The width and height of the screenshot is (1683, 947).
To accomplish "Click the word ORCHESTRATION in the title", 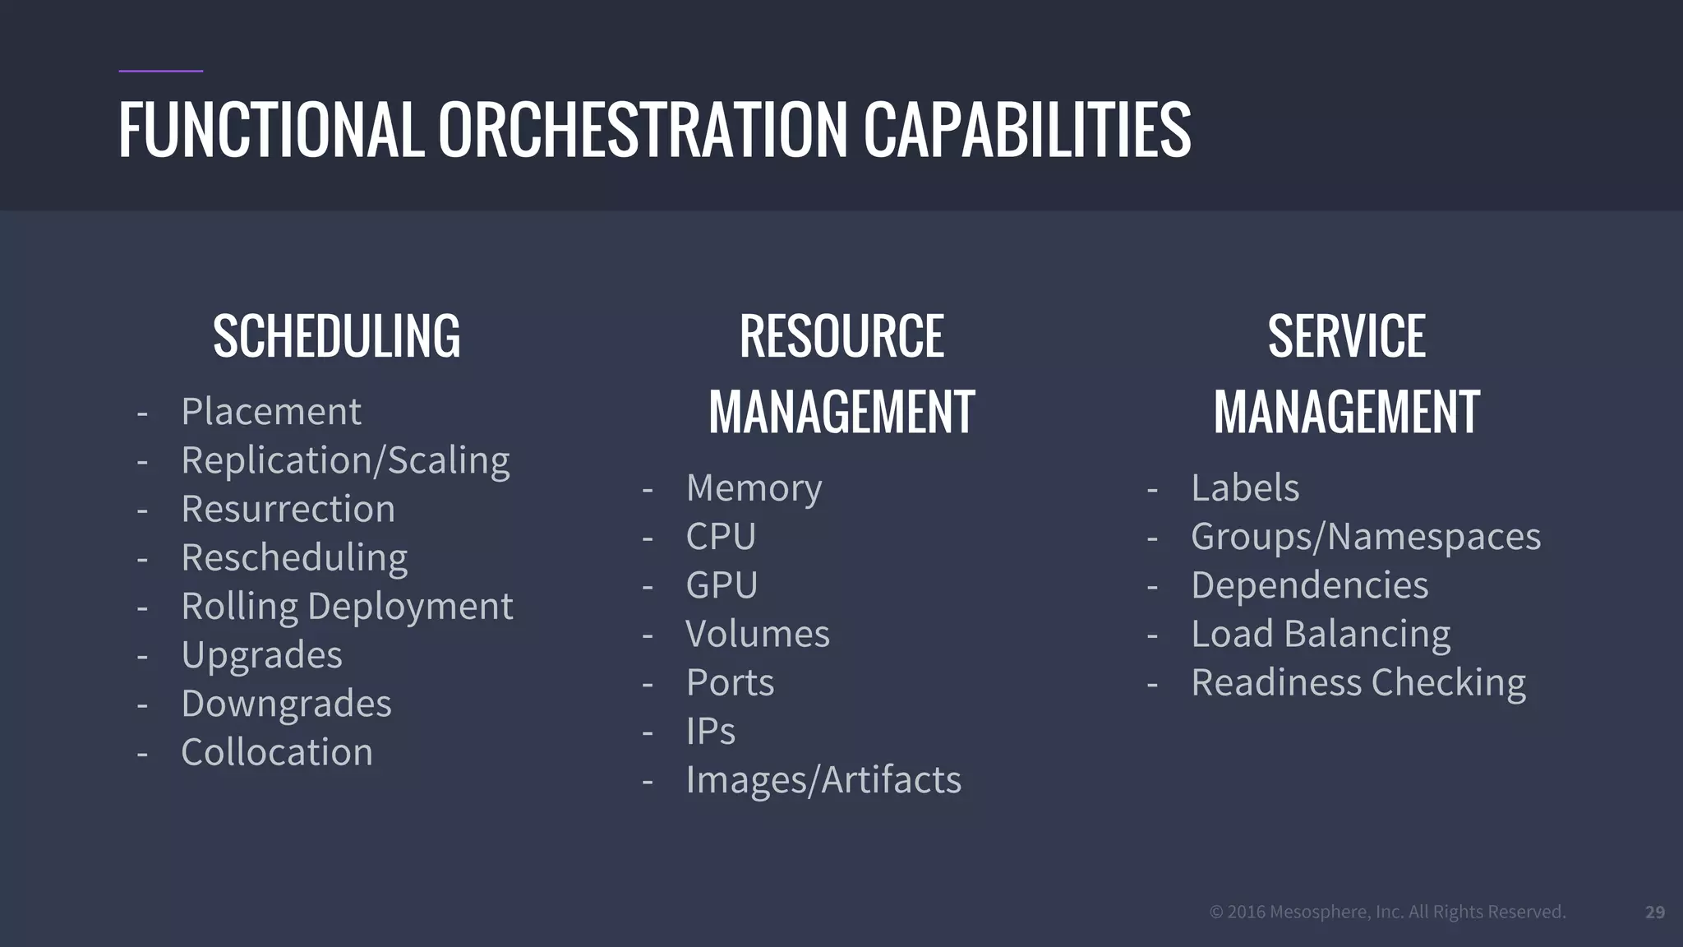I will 642,129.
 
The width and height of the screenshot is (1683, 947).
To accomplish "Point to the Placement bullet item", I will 270,411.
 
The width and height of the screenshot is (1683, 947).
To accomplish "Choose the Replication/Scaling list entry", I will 345,460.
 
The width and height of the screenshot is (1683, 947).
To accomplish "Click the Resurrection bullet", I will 288,509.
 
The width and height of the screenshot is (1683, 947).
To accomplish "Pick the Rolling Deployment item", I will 347,607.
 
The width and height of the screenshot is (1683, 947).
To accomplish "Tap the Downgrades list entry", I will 286,704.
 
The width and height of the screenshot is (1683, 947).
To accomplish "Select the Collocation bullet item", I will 277,752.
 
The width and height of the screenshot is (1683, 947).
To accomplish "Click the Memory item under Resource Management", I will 754,488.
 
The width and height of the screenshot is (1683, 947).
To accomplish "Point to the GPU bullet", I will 722,585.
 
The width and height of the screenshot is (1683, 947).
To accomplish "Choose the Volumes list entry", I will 758,634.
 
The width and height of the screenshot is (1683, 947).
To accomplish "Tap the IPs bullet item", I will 711,731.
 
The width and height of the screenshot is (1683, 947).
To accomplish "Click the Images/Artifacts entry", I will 823,780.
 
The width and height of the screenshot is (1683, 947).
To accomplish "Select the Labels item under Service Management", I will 1245,488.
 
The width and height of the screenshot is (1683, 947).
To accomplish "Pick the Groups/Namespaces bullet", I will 1366,537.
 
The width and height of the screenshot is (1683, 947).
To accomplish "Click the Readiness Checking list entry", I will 1358,683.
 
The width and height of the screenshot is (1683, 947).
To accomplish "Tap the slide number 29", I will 1655,912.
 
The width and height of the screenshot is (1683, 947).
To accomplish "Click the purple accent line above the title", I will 161,72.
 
